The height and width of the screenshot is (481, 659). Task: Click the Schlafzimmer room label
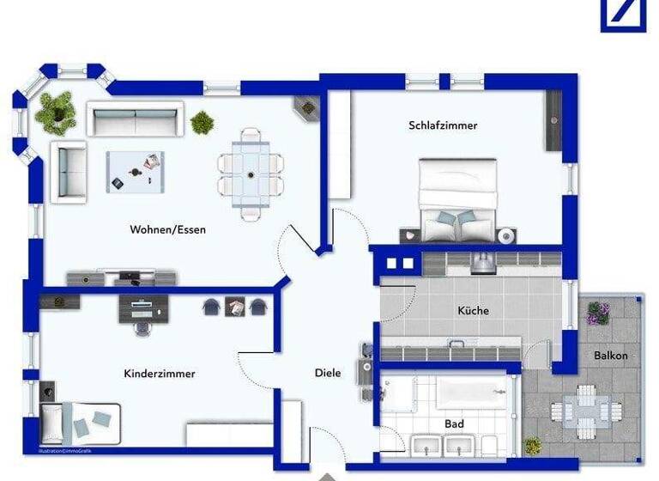point(443,125)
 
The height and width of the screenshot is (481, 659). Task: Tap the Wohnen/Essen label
point(168,229)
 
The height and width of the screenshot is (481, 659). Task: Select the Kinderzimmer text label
point(160,374)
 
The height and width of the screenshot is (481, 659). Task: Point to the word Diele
point(328,373)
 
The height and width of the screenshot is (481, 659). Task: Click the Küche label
point(473,310)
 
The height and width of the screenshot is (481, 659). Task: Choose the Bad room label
point(454,423)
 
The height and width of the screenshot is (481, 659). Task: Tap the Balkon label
point(610,355)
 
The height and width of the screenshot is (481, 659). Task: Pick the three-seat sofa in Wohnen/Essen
point(136,119)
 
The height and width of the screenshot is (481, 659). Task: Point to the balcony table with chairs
point(586,411)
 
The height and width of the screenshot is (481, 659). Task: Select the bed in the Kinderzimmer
point(81,423)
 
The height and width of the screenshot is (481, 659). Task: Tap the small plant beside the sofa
point(203,122)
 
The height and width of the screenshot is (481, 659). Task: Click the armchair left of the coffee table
point(69,170)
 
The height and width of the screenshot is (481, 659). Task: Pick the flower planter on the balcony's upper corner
point(598,313)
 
